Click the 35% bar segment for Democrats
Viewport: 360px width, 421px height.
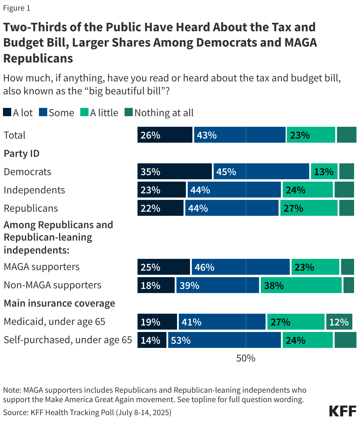click(x=174, y=171)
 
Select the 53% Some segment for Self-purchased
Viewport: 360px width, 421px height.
click(x=224, y=340)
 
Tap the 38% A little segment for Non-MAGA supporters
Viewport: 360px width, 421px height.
click(x=301, y=285)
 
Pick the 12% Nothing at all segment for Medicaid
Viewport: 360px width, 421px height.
click(x=339, y=322)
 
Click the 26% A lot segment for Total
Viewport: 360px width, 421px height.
click(x=165, y=135)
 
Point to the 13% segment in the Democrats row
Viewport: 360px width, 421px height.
click(x=324, y=171)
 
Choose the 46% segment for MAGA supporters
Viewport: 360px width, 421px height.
click(x=240, y=267)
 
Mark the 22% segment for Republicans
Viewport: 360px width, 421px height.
click(x=160, y=208)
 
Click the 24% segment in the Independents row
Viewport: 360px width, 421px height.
click(x=307, y=190)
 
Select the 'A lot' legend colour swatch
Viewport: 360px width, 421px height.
click(x=7, y=112)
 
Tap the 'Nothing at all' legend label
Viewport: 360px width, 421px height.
click(x=164, y=113)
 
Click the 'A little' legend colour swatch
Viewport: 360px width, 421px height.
click(x=84, y=112)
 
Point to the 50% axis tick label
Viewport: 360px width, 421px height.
click(x=246, y=358)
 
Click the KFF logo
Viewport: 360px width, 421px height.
click(x=342, y=411)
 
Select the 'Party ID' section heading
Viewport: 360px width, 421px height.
click(x=22, y=153)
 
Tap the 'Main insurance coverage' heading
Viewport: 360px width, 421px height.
click(x=59, y=303)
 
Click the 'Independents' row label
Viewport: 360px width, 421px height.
click(x=34, y=190)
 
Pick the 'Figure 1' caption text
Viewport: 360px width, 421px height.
click(x=17, y=8)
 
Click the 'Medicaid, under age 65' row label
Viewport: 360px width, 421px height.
click(x=54, y=321)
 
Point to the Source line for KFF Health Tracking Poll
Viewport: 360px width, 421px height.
click(x=87, y=412)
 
